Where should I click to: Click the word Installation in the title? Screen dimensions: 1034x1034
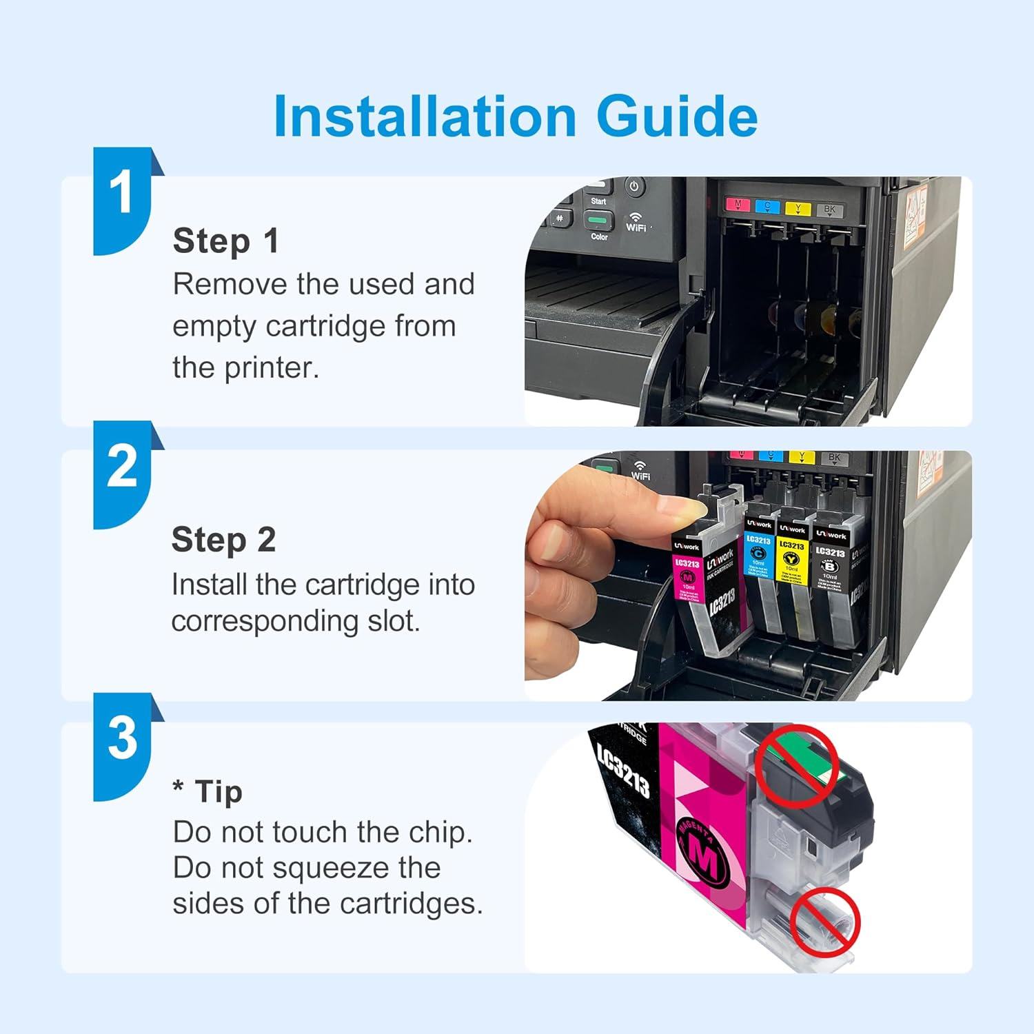point(425,116)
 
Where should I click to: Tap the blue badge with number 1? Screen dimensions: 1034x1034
point(123,196)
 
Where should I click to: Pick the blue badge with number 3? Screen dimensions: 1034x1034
point(123,742)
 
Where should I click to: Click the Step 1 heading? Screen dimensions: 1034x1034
point(225,241)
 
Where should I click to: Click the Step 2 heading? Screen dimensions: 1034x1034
point(223,540)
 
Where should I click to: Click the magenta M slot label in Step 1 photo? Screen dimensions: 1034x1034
point(738,205)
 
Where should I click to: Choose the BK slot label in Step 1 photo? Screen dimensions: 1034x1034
point(829,210)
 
